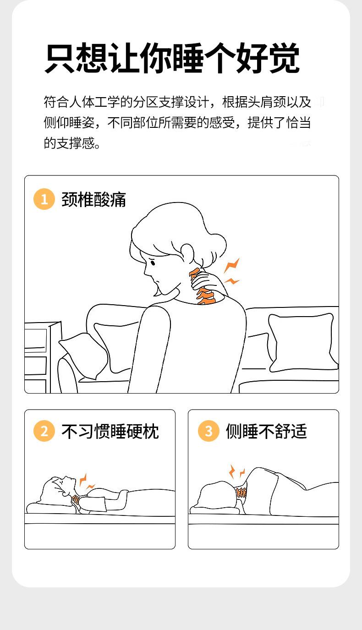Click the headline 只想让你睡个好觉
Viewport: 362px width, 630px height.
[x=172, y=58]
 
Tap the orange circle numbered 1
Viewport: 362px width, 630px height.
[x=44, y=199]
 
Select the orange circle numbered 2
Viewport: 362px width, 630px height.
[x=44, y=431]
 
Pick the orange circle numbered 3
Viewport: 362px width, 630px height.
[x=208, y=431]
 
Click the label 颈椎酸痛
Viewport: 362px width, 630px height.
[x=93, y=199]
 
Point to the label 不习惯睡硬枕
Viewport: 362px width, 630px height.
[x=110, y=431]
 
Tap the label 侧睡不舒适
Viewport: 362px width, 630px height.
[x=266, y=431]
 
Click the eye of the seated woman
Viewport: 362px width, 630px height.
[x=153, y=263]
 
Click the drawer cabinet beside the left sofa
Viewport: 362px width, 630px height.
[x=42, y=357]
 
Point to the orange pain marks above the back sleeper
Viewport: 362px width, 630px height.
[x=86, y=481]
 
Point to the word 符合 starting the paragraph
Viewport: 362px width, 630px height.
[x=56, y=102]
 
